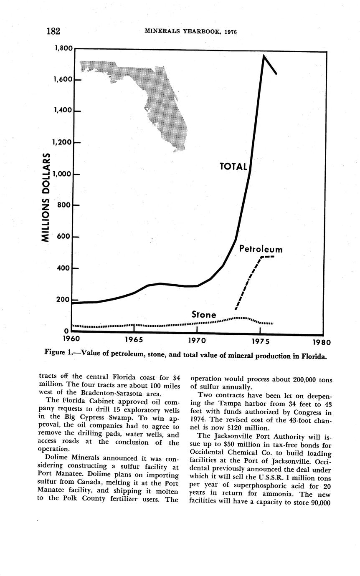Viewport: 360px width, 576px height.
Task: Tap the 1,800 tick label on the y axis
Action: tap(63, 48)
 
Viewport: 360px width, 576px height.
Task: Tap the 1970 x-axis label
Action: tap(196, 341)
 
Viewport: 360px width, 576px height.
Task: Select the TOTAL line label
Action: tap(233, 167)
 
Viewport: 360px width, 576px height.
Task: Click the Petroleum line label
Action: tap(261, 250)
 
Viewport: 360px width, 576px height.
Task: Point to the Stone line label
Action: tap(204, 315)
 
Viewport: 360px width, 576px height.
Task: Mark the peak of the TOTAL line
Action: tap(264, 56)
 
